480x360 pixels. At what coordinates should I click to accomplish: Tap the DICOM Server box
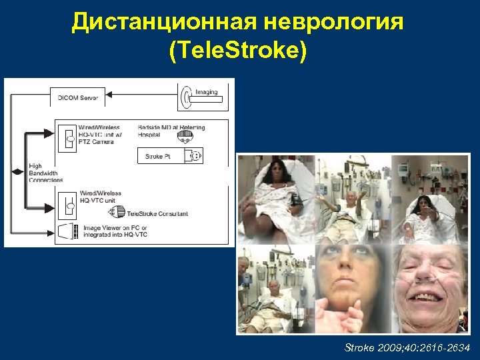click(79, 97)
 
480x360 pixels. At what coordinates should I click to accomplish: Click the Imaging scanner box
click(202, 97)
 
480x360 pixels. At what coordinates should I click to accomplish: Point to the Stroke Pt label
click(157, 157)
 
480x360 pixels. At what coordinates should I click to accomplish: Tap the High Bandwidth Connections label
click(45, 173)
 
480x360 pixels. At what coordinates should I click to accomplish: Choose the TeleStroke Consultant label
click(157, 214)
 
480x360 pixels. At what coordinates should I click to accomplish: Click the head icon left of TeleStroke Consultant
click(118, 213)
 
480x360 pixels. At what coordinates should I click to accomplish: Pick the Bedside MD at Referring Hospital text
click(171, 131)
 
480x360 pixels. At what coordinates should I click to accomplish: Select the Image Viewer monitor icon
click(68, 231)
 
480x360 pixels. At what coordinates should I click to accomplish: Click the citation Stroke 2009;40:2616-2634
click(407, 347)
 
